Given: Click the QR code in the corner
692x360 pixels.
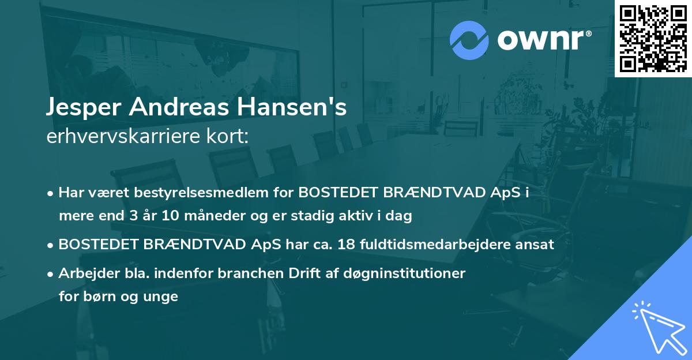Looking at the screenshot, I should click(x=653, y=38).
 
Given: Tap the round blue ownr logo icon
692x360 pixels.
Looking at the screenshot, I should click(x=469, y=40).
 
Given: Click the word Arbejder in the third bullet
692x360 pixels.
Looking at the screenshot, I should click(x=84, y=273).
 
